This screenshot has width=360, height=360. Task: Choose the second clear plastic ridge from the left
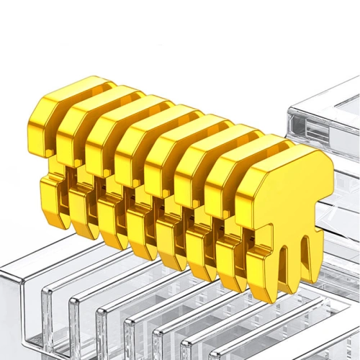(79, 328)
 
